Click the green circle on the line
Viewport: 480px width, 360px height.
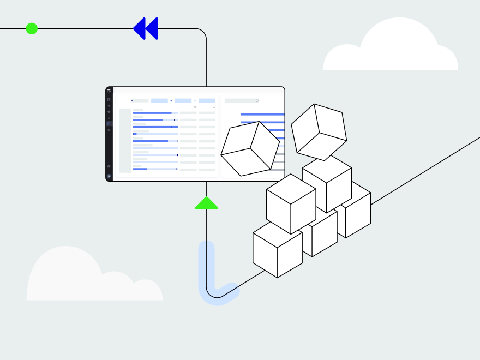point(32,28)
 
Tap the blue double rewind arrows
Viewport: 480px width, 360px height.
point(146,28)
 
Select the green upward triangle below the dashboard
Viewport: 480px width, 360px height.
point(206,203)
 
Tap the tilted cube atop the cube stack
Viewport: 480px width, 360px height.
point(319,131)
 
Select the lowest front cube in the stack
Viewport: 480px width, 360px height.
point(277,248)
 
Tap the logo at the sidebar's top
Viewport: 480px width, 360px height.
point(109,91)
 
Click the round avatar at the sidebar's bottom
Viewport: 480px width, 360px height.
point(109,176)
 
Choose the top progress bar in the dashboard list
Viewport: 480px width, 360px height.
point(155,113)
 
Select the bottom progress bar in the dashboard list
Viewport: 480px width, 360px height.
point(155,169)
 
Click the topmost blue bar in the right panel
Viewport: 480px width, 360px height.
point(262,115)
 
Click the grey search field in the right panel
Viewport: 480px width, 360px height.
point(241,101)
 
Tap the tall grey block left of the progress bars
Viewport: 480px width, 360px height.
point(125,141)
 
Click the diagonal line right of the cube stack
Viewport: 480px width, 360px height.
point(425,170)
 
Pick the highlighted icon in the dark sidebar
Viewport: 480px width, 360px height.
point(109,124)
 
